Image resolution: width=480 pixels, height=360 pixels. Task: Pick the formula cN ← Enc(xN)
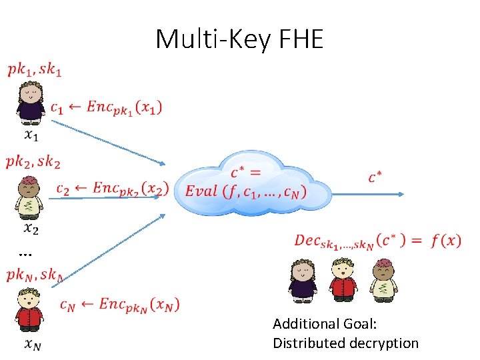click(119, 305)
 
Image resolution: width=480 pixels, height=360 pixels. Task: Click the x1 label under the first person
click(31, 136)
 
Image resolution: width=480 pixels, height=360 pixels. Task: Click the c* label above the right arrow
click(375, 177)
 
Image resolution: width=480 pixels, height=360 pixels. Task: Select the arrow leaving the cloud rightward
click(367, 194)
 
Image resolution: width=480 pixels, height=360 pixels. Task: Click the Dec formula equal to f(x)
click(377, 241)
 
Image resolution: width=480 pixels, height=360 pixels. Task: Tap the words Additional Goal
click(325, 324)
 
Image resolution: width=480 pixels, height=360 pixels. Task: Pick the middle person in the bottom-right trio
click(342, 279)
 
